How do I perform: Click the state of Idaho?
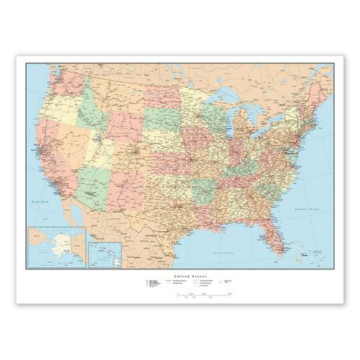point(86,115)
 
